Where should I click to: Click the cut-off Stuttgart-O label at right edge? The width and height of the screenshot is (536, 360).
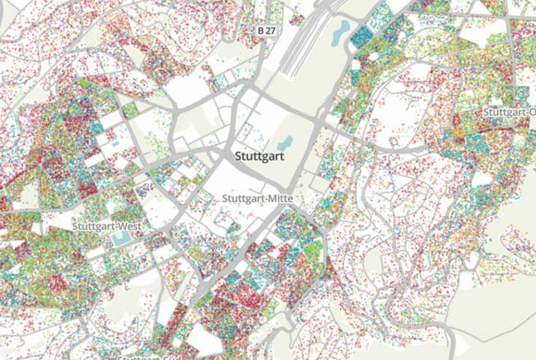[x=508, y=111]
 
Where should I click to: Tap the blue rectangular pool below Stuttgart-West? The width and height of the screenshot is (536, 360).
[x=121, y=239]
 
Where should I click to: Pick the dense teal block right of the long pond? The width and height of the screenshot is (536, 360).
[x=365, y=37]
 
